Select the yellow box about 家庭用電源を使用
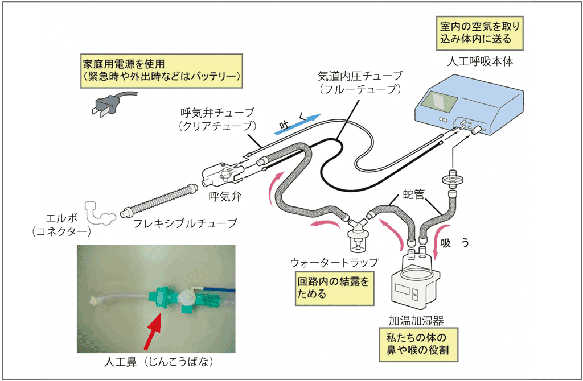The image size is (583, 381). coord(161,70)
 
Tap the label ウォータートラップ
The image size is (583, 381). coord(334,263)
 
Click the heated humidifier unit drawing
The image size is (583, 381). coord(415,279)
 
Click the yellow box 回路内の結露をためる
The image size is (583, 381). coord(335,287)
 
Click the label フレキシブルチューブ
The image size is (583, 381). coord(185,223)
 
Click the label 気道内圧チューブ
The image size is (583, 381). coord(360,82)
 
